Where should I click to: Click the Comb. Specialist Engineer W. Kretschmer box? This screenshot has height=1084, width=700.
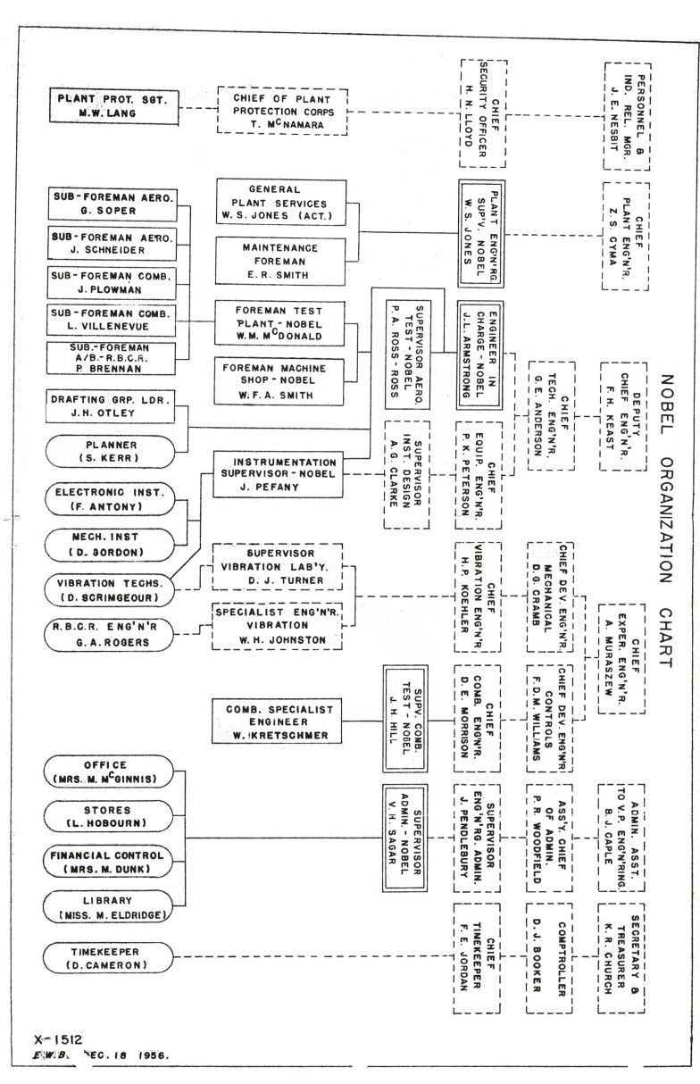[x=275, y=721]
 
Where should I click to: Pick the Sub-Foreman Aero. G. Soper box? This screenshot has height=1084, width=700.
[x=111, y=204]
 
